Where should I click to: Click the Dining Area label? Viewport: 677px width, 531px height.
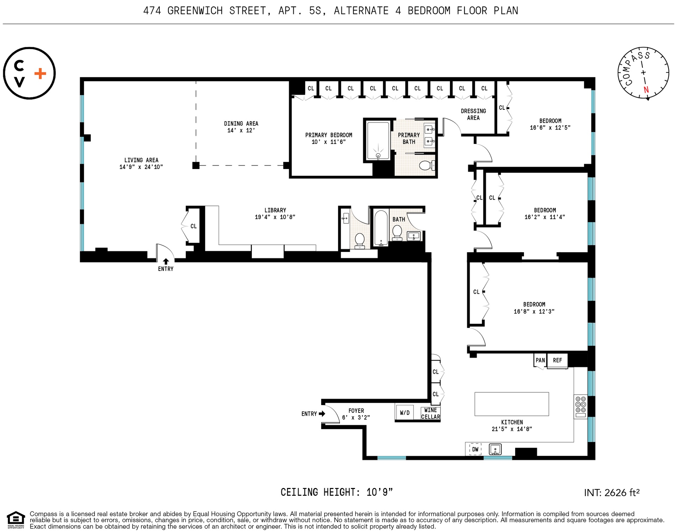(x=241, y=123)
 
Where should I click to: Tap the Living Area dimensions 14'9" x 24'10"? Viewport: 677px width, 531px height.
(x=141, y=167)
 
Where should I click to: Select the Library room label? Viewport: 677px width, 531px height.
(x=275, y=210)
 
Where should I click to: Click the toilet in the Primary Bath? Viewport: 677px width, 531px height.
(x=426, y=165)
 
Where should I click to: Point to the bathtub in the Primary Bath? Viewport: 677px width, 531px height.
(x=378, y=140)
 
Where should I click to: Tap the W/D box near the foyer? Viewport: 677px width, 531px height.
(x=404, y=412)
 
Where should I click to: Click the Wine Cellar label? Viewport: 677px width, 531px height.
(x=430, y=413)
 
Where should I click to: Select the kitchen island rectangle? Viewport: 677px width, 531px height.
(x=511, y=404)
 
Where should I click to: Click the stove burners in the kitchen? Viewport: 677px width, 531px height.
(x=580, y=404)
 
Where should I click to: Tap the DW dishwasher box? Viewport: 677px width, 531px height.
(x=475, y=449)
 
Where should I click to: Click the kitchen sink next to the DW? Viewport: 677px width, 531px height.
(x=495, y=449)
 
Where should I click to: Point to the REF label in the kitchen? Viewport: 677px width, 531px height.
(x=557, y=360)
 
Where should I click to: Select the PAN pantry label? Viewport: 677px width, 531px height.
(x=540, y=360)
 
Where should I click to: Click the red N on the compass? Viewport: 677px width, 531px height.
(x=646, y=90)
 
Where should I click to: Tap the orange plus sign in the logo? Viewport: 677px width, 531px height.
(x=40, y=73)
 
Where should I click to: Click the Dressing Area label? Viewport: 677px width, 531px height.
(x=473, y=114)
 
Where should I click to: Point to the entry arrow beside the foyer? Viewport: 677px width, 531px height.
(x=322, y=414)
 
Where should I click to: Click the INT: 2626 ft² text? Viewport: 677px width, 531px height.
(x=611, y=493)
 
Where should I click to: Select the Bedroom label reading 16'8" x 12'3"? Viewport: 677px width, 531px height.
(x=534, y=308)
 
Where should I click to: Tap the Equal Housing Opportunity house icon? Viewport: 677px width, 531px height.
(x=16, y=518)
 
